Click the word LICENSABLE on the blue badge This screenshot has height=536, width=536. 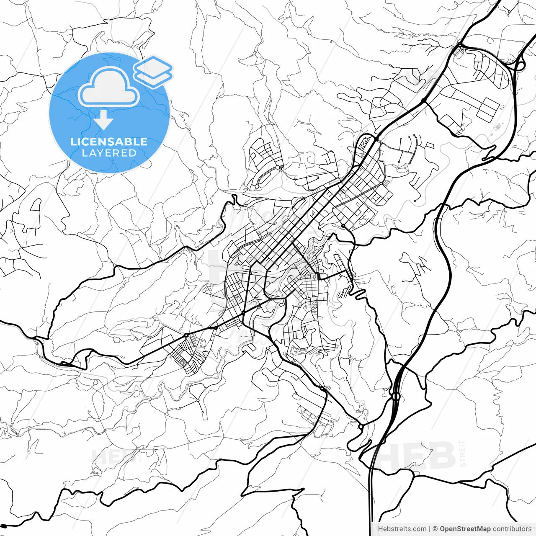[109, 142]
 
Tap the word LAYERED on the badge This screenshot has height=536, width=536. [109, 153]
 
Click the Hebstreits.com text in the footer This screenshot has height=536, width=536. [402, 529]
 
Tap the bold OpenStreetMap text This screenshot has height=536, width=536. [465, 529]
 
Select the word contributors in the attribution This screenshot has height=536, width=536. [512, 529]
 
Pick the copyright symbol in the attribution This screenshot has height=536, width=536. [435, 529]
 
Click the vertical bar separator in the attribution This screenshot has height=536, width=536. [430, 529]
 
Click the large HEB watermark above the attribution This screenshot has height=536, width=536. [415, 456]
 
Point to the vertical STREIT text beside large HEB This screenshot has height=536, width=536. [463, 454]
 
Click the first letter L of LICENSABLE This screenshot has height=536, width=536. [73, 142]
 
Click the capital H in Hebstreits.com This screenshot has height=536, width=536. [380, 529]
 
